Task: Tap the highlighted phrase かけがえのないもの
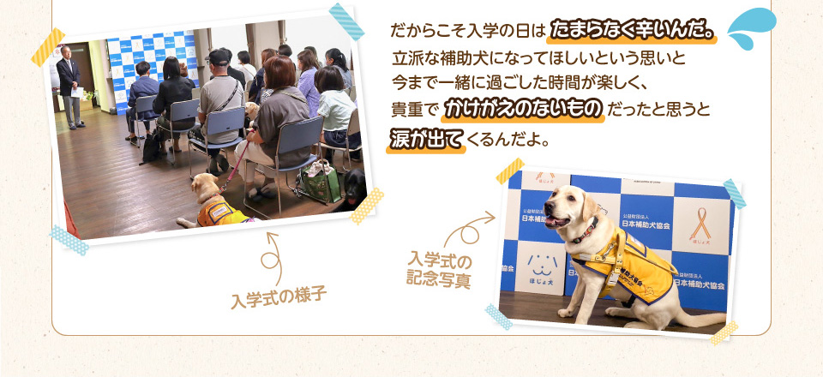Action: (x=525, y=111)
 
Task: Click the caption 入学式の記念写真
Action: (x=438, y=268)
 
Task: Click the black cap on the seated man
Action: (x=220, y=56)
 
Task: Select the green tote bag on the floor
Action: (x=320, y=179)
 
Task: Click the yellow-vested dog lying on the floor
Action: (x=213, y=202)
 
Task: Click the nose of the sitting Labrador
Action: (x=549, y=219)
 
